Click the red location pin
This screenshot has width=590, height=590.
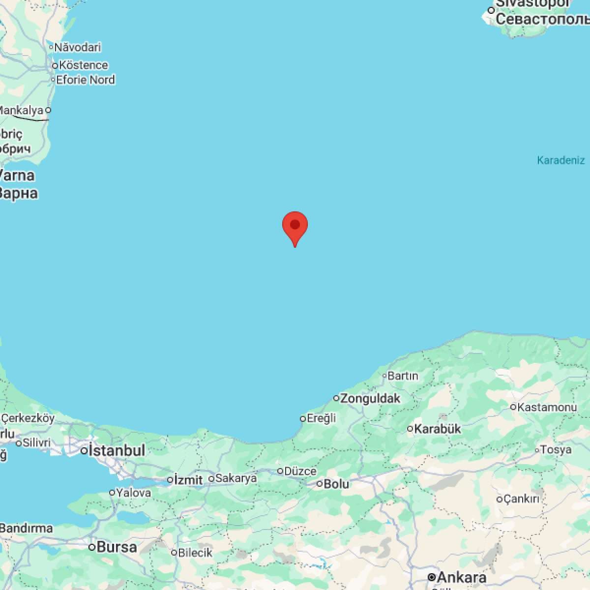click(295, 227)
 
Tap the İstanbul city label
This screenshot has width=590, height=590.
click(117, 450)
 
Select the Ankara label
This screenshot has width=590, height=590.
click(461, 577)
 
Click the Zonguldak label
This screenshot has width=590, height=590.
click(370, 398)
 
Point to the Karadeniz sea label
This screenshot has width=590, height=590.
click(560, 160)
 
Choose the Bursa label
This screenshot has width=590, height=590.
click(117, 547)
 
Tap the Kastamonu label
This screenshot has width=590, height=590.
click(547, 407)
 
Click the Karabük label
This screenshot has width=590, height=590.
click(438, 429)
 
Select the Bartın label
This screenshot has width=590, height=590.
click(403, 376)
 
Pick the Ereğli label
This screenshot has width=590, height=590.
click(321, 418)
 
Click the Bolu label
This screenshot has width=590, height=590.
click(336, 484)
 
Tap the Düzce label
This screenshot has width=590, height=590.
click(300, 471)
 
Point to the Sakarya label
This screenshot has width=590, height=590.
click(236, 478)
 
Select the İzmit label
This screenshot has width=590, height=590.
click(188, 479)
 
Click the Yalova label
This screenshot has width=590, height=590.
click(133, 492)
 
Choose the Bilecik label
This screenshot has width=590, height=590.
click(195, 553)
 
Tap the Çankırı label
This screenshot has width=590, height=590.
click(522, 499)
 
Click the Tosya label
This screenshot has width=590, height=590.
click(556, 449)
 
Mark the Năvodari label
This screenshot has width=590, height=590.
click(78, 47)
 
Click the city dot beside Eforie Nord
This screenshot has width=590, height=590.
click(53, 80)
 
